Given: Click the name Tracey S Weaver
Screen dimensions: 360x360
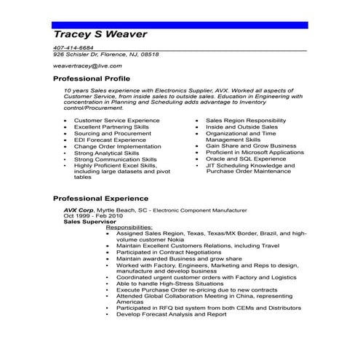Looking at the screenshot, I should [100, 36].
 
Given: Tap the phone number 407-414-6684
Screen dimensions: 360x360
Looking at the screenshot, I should [73, 48].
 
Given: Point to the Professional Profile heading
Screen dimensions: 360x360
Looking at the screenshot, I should [92, 78].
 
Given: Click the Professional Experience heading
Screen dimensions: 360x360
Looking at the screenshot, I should [100, 198].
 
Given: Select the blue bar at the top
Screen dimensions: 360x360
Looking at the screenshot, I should [180, 25].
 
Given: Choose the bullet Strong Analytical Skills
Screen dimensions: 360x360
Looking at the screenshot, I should [106, 153].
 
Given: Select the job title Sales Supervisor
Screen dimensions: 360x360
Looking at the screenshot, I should [89, 222].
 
